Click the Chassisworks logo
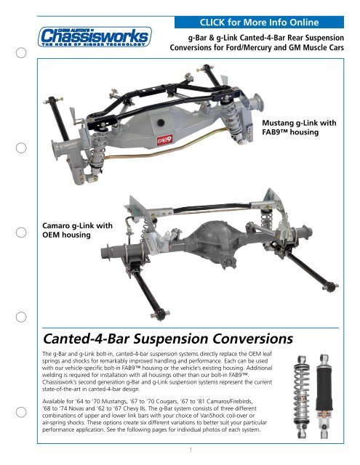coord(95,37)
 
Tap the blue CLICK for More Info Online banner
coord(259,23)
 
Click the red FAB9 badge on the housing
coord(164,140)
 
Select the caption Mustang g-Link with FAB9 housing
coord(299,127)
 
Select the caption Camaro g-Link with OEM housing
coord(78,230)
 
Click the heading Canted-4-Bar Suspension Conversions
coord(168,339)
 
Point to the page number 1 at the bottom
coord(191,450)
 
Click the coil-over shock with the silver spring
coord(302,397)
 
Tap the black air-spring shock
coord(324,396)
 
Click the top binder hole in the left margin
coord(21,53)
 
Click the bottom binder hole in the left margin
coord(21,412)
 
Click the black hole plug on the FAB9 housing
coord(161,123)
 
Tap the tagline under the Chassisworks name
coord(94,44)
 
